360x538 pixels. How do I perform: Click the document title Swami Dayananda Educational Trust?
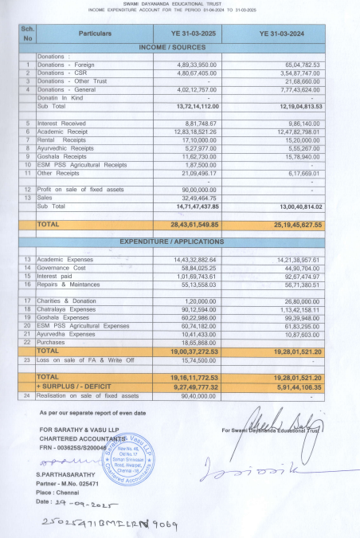(179, 4)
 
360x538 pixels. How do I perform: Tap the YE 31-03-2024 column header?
(283, 34)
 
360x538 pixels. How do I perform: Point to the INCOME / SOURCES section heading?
(180, 48)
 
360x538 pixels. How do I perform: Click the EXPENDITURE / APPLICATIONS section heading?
(180, 241)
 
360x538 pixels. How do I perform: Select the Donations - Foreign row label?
(67, 65)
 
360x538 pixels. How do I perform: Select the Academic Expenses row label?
(71, 260)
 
